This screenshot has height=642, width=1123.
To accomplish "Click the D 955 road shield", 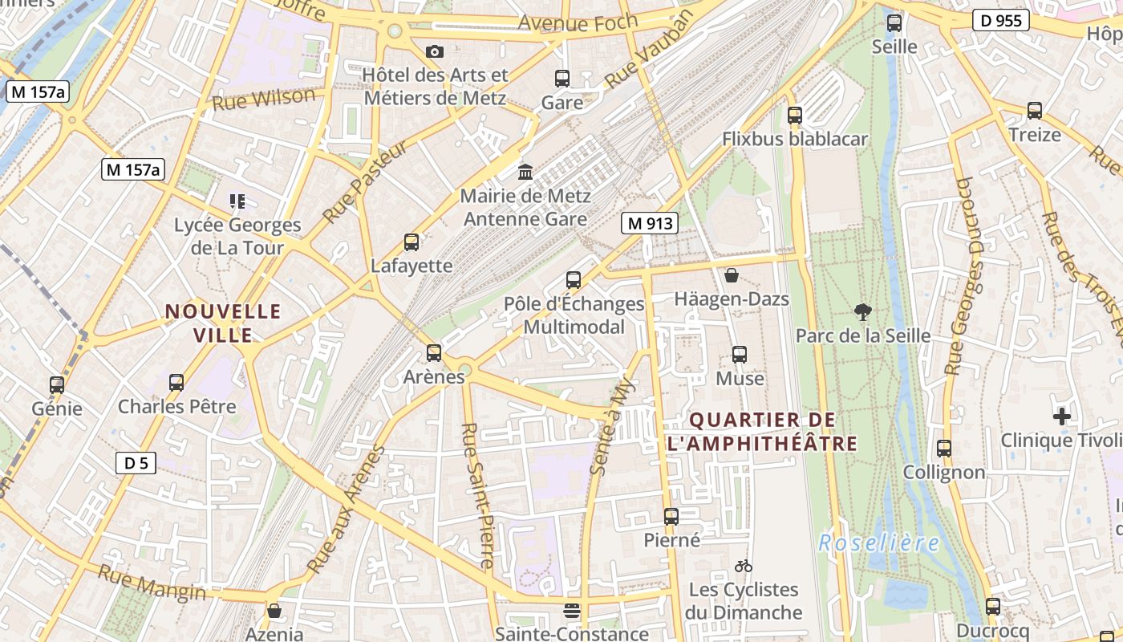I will click(x=1001, y=20).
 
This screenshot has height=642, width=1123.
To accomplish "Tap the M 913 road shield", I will click(x=650, y=223).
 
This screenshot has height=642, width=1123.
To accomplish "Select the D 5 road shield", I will click(x=136, y=462).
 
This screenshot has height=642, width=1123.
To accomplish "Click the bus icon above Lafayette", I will click(x=411, y=242).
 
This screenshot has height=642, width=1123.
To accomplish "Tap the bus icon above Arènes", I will click(x=434, y=352).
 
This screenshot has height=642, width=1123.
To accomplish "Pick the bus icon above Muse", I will click(x=740, y=354).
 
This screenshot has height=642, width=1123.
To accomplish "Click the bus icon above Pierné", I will click(x=671, y=516).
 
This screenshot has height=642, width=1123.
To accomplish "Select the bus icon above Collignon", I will click(x=944, y=448).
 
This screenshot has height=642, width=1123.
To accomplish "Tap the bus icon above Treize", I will click(x=1035, y=110).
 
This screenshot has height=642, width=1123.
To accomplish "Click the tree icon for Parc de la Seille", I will click(x=863, y=311).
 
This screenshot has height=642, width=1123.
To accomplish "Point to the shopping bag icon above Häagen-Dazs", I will click(x=732, y=275).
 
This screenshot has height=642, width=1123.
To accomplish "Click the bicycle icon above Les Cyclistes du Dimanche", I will click(x=744, y=566).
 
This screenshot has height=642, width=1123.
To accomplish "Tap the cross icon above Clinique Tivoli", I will click(x=1062, y=416).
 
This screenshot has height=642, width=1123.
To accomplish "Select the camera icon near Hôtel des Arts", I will click(x=435, y=51).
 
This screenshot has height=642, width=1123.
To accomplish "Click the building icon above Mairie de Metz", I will click(x=525, y=171).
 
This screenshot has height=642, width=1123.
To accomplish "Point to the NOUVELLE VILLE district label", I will click(x=223, y=323).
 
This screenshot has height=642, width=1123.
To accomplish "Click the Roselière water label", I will click(x=879, y=543).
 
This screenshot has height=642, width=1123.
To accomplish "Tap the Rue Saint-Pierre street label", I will click(x=477, y=496).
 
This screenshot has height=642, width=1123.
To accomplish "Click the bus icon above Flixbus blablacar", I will click(x=795, y=115).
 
